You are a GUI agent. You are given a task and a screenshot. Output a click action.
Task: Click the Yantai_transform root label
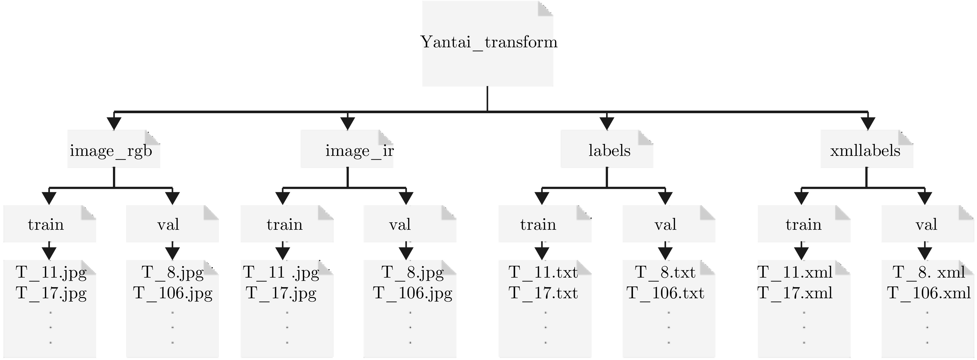pyautogui.click(x=489, y=42)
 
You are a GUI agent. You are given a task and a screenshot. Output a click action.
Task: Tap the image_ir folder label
pyautogui.click(x=359, y=151)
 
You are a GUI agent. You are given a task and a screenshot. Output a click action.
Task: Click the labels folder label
pyautogui.click(x=609, y=151)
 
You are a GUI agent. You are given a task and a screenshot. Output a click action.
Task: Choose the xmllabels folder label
pyautogui.click(x=865, y=151)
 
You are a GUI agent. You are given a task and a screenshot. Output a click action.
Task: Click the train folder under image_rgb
pyautogui.click(x=46, y=225)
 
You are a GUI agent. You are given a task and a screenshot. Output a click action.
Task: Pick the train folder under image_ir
pyautogui.click(x=285, y=225)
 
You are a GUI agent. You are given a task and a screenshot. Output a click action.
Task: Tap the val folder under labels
pyautogui.click(x=665, y=225)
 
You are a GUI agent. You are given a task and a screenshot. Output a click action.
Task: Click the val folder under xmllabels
pyautogui.click(x=926, y=225)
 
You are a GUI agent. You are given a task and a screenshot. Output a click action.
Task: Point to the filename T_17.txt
pyautogui.click(x=543, y=293)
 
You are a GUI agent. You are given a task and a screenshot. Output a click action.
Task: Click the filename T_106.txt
pyautogui.click(x=665, y=293)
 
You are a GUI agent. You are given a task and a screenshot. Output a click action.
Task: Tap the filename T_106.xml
pyautogui.click(x=929, y=293)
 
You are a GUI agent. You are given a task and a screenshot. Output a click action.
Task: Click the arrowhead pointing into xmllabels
pyautogui.click(x=868, y=123)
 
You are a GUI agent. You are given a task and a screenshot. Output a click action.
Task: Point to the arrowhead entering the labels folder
pyautogui.click(x=606, y=123)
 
